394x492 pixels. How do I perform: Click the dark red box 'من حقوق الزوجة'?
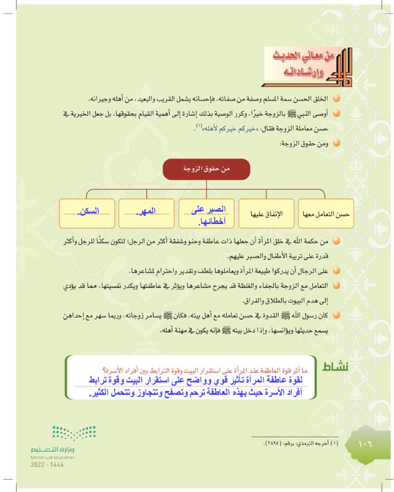pos(206,169)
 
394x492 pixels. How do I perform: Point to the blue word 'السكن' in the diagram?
pos(88,211)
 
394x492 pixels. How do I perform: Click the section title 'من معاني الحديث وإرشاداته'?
pos(301,63)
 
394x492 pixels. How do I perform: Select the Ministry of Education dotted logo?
pos(74,433)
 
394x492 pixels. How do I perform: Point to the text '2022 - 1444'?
pos(47,464)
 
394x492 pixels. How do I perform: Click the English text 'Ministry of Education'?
pos(52,457)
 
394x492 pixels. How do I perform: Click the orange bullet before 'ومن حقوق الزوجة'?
pos(337,144)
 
